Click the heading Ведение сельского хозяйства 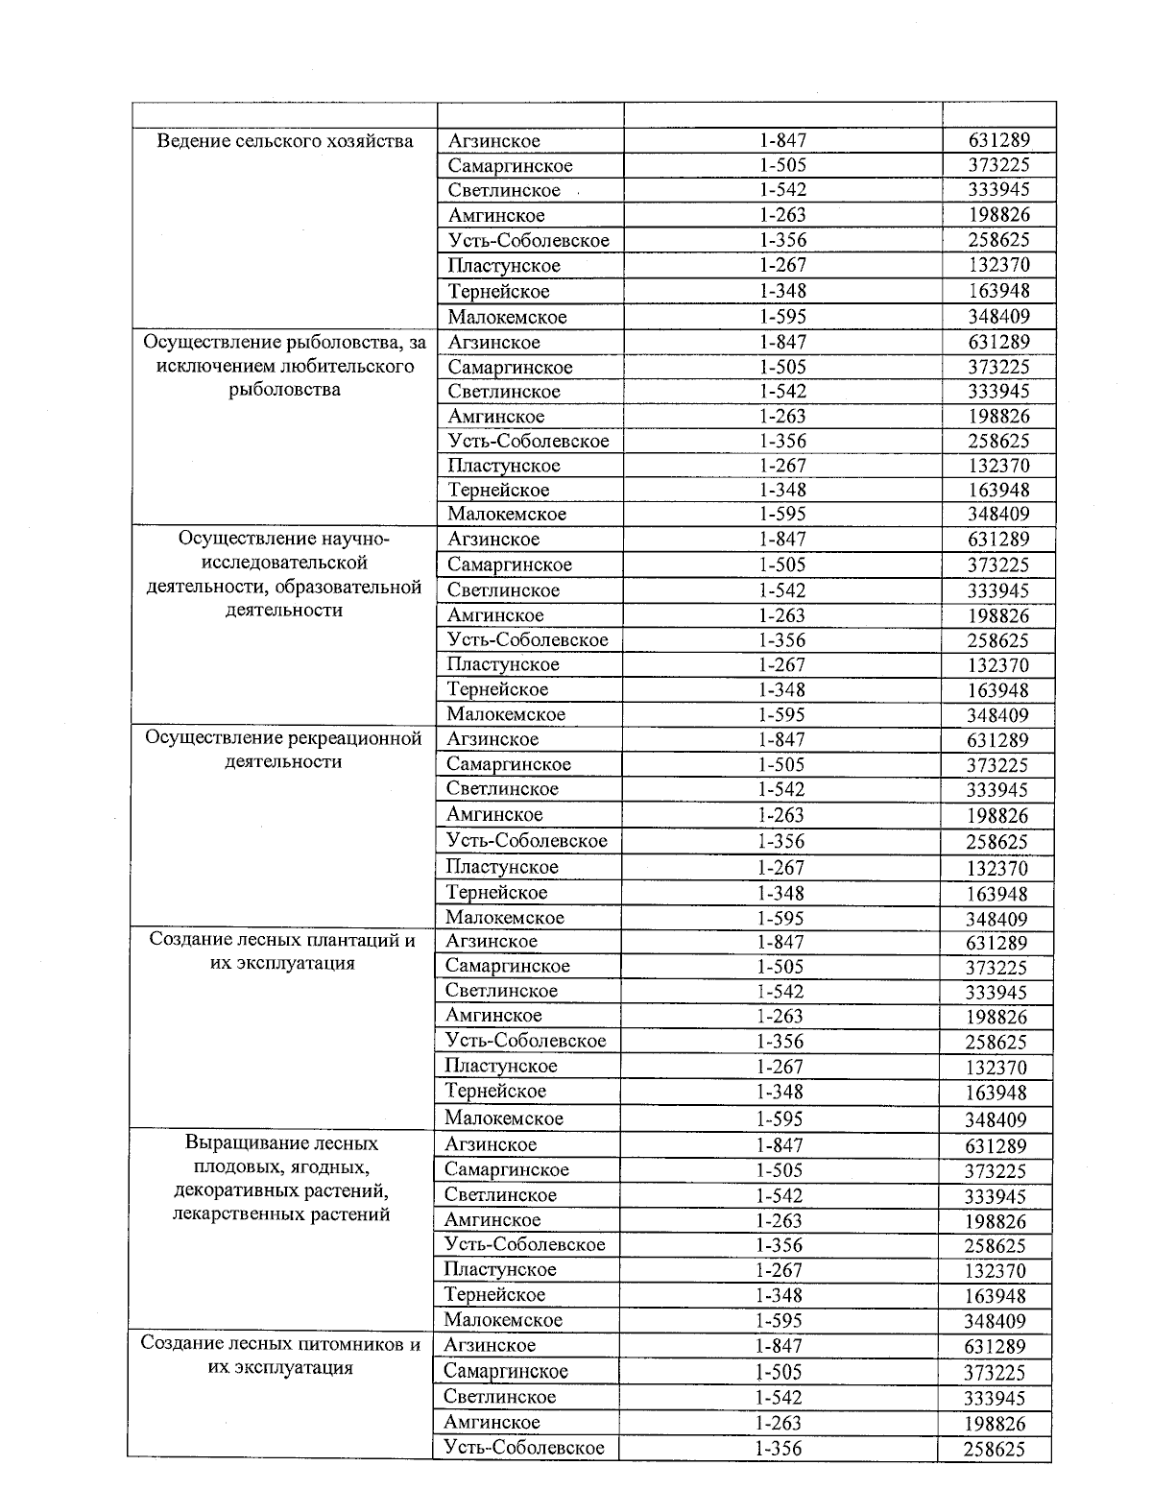point(285,141)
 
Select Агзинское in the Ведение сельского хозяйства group point(493,141)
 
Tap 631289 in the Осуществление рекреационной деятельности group point(997,740)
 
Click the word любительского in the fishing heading point(347,366)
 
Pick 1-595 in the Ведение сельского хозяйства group point(782,317)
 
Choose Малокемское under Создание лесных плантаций point(504,1117)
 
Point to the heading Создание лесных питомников point(280,1344)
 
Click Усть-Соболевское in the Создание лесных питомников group point(524,1447)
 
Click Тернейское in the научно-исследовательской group point(497,689)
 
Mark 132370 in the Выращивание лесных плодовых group point(996,1271)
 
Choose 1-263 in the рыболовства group point(782,417)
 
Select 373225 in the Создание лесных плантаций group point(996,968)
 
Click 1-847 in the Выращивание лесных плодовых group point(780,1145)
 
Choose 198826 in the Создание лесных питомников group point(995,1424)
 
